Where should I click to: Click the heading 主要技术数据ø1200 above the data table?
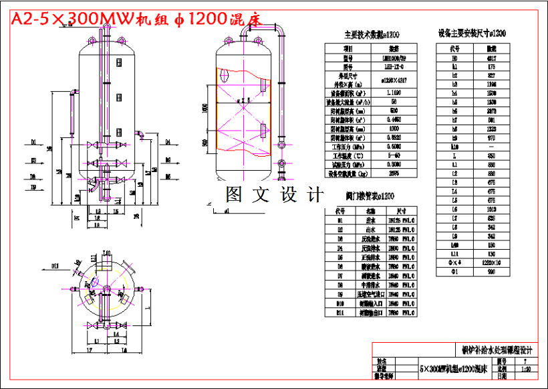coord(371,35)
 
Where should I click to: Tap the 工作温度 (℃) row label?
coord(348,154)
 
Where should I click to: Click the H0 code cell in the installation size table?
coord(455,58)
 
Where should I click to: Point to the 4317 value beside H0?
coord(492,58)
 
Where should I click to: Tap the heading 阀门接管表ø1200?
coord(370,197)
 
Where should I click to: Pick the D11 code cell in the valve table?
coord(339,312)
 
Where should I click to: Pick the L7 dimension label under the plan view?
coord(88,350)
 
